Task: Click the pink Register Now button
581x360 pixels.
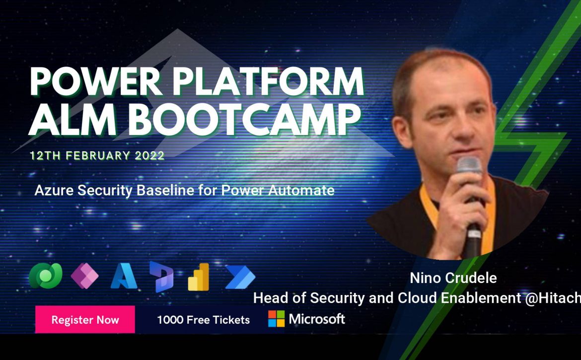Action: coord(85,319)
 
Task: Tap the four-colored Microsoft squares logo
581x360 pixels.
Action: coord(277,319)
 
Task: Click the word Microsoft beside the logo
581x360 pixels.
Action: coord(317,319)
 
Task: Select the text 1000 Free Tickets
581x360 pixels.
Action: coord(204,320)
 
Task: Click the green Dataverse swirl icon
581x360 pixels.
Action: coord(46,276)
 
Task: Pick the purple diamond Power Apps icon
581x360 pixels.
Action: coord(85,276)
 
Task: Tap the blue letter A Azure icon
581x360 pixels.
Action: coord(124,276)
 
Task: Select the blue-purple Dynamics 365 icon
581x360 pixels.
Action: coord(161,277)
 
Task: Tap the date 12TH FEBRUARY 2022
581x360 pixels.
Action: coord(97,155)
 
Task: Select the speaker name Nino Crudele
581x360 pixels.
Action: coord(453,278)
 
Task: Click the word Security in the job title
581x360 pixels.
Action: coord(332,298)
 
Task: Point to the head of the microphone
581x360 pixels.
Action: coord(469,165)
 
